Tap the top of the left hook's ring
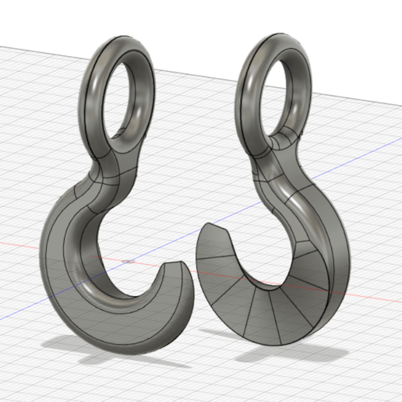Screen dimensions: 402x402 point(125,41)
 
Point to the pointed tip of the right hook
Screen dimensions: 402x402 point(205,227)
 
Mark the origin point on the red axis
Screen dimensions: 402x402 point(129,260)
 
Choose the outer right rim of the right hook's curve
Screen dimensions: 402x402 point(343,265)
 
